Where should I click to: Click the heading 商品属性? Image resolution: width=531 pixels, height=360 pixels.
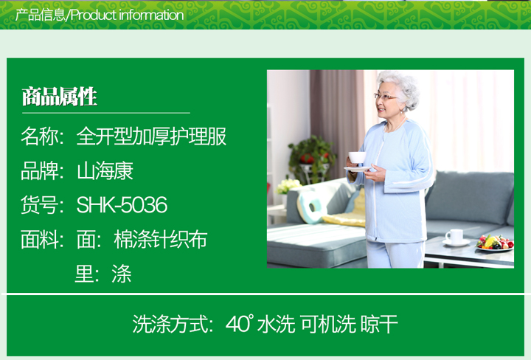click(60, 97)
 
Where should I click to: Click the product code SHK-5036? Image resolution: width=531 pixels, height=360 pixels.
click(122, 205)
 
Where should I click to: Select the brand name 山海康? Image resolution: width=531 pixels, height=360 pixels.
click(105, 170)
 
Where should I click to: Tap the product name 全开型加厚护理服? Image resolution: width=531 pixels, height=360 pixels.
click(151, 136)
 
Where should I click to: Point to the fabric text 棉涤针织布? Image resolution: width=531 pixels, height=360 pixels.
click(161, 240)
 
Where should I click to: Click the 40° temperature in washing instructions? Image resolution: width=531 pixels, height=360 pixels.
click(240, 323)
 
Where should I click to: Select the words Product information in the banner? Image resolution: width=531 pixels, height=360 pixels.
click(128, 15)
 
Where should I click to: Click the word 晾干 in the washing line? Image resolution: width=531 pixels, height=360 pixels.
click(379, 324)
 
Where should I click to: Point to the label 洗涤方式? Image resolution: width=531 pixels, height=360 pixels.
click(170, 324)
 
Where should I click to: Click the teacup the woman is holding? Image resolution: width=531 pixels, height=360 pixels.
click(357, 157)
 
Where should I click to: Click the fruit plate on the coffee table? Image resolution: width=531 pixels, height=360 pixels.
click(495, 243)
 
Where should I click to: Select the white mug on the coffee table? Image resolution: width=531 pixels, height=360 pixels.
click(456, 236)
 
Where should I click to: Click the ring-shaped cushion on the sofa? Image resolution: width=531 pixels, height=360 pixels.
click(311, 207)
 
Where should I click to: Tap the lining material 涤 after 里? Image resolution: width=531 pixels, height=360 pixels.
click(121, 274)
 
